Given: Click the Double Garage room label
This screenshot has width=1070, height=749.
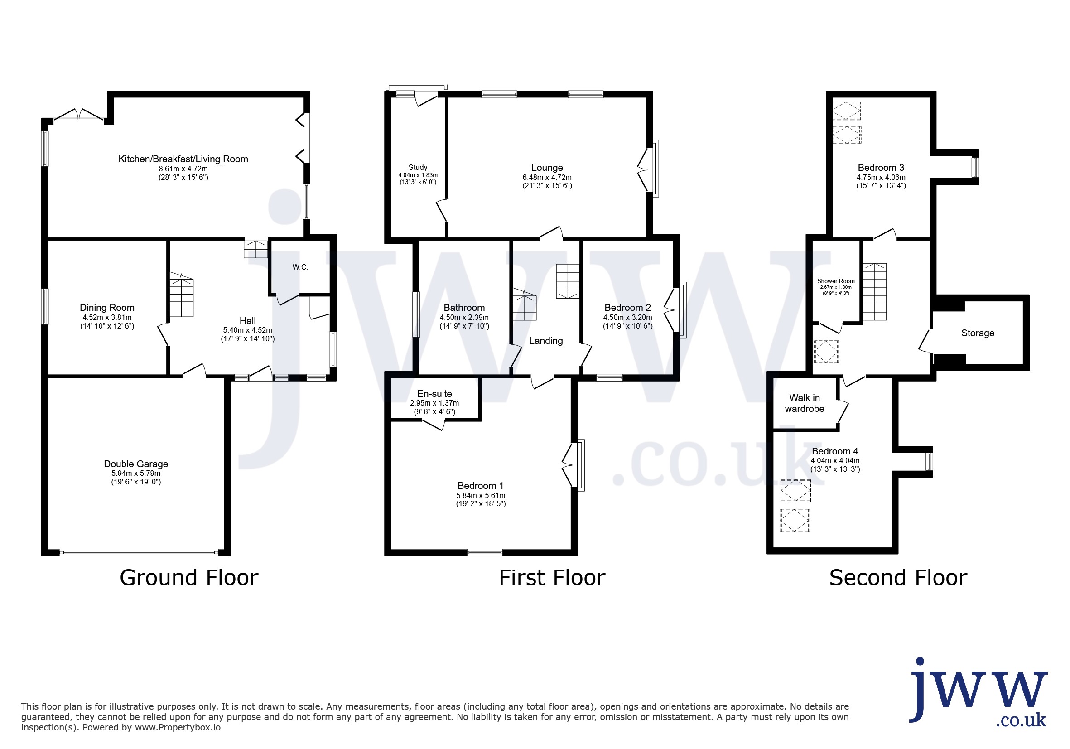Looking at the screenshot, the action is point(135,464).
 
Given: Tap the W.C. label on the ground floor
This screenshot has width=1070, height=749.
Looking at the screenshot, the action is point(300,267).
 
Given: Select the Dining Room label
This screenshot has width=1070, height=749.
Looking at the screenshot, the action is point(107,308).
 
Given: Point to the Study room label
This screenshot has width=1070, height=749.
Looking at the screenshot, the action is point(418,167).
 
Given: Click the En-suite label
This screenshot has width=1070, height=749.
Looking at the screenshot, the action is point(434,394).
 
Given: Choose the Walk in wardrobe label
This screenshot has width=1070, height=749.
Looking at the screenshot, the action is point(805,403).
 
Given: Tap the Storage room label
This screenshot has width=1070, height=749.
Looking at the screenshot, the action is point(978,333).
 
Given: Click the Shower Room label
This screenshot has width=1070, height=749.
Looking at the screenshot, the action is point(836,281).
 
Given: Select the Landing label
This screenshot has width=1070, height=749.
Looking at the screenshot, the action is point(546,341).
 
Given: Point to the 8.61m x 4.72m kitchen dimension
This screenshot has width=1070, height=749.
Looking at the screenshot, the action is point(183,169).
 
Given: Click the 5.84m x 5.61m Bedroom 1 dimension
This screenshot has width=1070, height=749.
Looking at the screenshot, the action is point(481,495).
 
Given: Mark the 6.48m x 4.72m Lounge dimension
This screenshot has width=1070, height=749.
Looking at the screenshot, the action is point(547,178).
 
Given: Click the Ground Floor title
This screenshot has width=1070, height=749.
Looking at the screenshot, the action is point(189,578).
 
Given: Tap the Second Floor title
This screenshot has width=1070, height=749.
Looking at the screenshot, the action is point(898,578).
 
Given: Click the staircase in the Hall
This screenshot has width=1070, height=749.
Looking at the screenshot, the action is point(181,295).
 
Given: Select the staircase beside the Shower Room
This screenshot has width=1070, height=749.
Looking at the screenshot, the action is point(874,292).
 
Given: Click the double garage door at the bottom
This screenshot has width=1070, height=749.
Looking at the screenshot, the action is point(139,553).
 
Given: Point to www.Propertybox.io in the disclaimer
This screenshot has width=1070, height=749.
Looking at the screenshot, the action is point(178,728).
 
